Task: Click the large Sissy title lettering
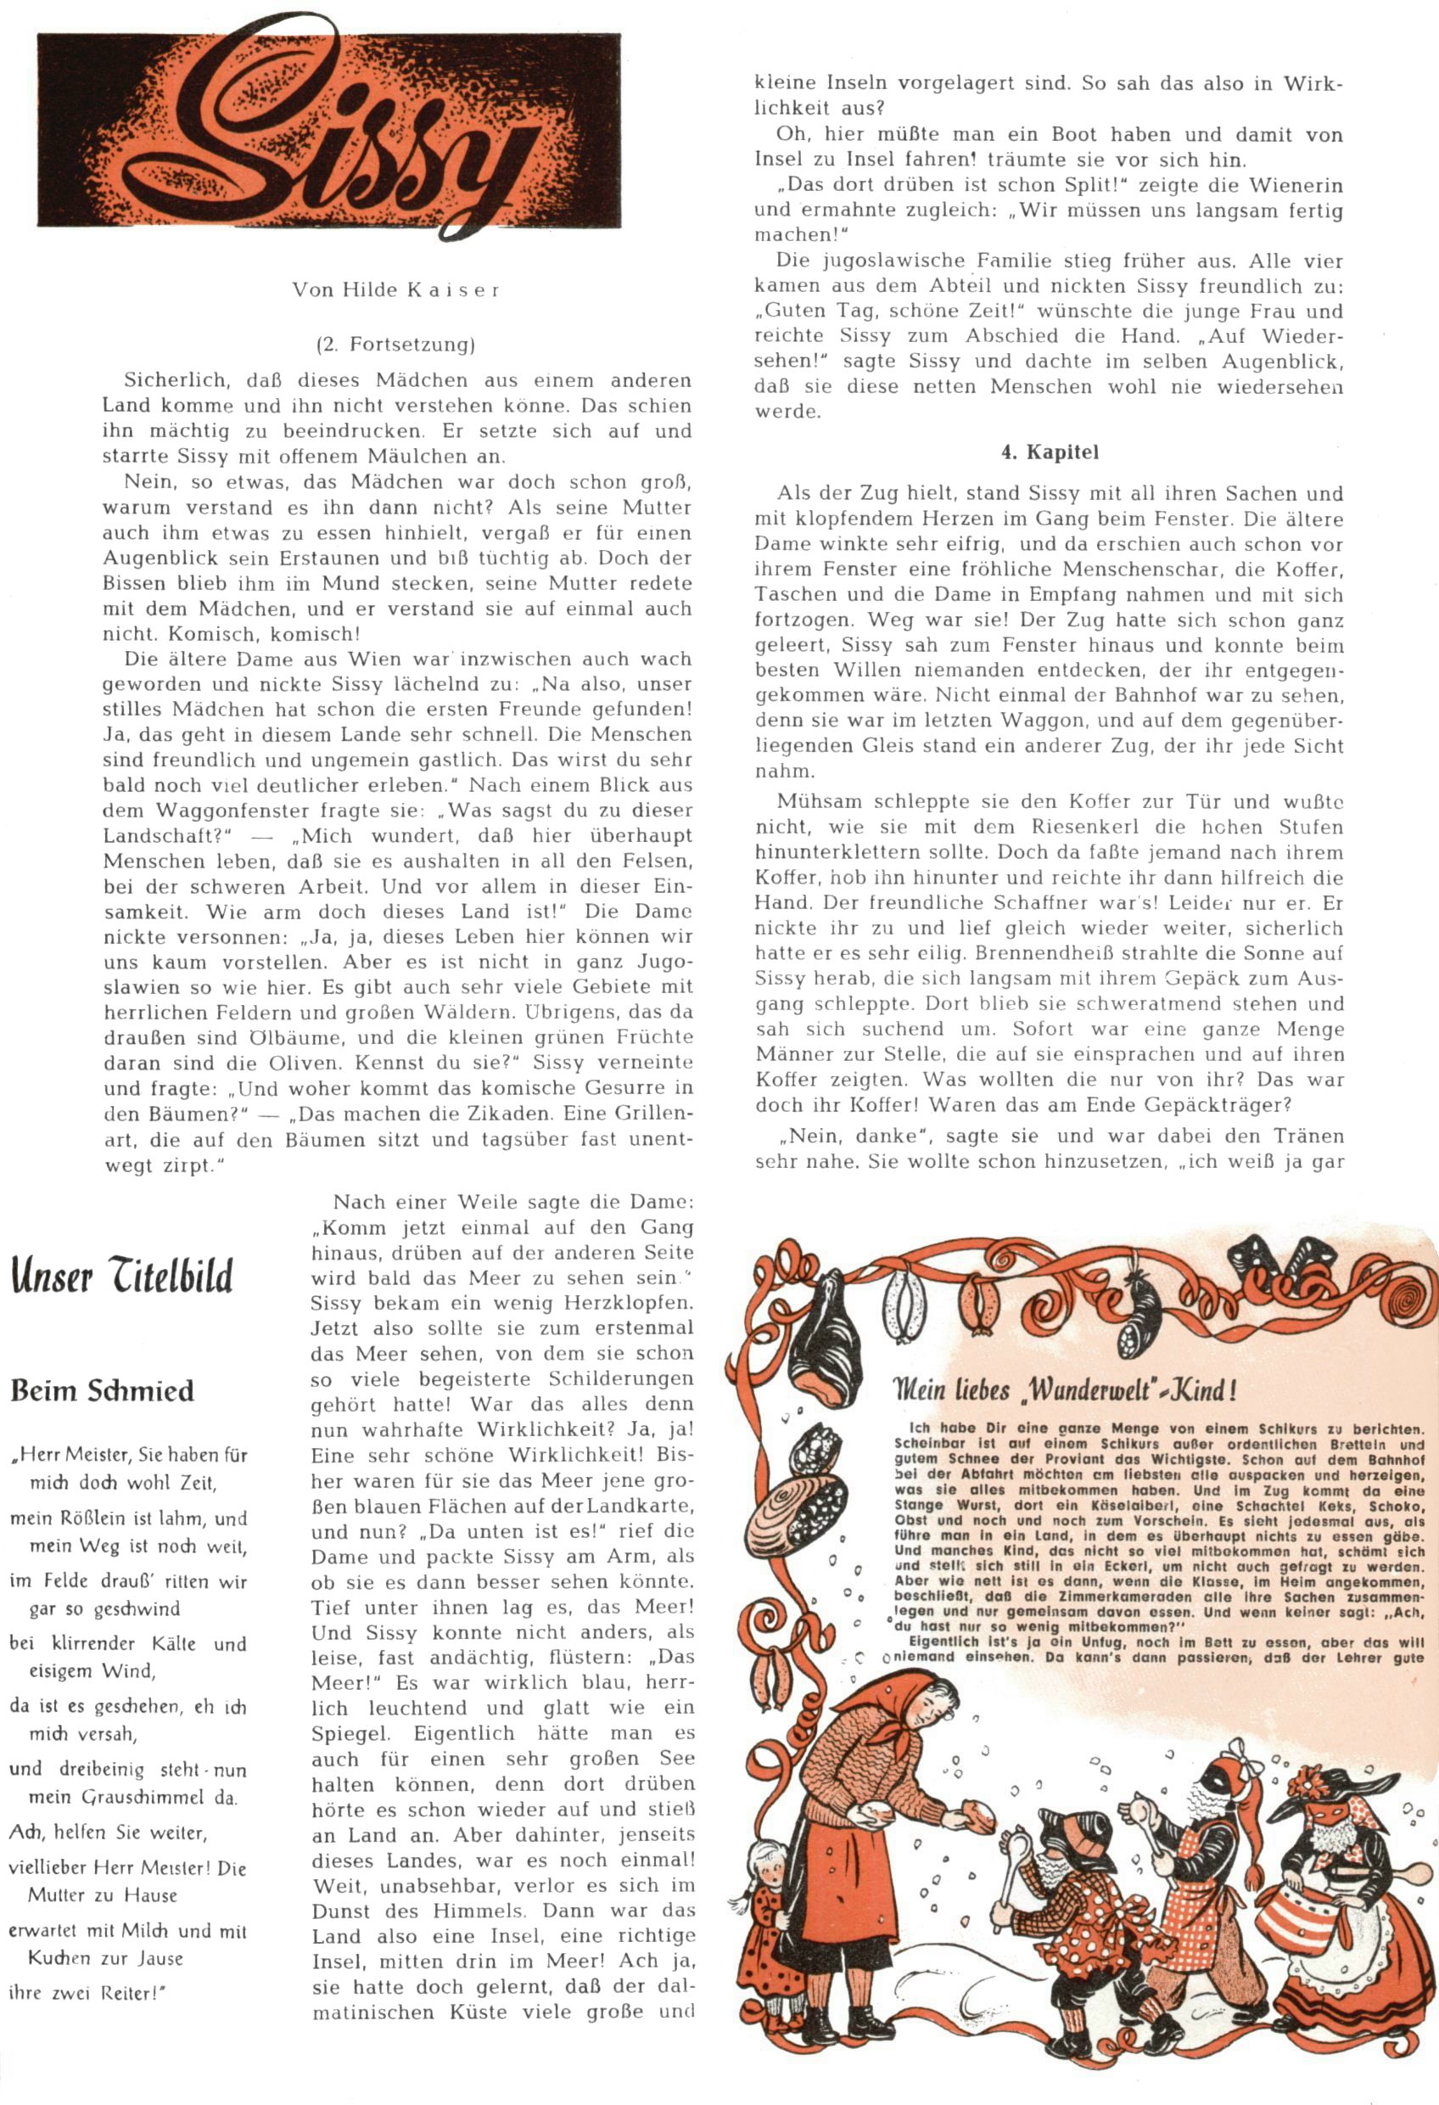[331, 132]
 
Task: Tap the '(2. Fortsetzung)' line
[396, 345]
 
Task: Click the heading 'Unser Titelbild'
[121, 1277]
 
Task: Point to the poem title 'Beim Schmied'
[103, 1390]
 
